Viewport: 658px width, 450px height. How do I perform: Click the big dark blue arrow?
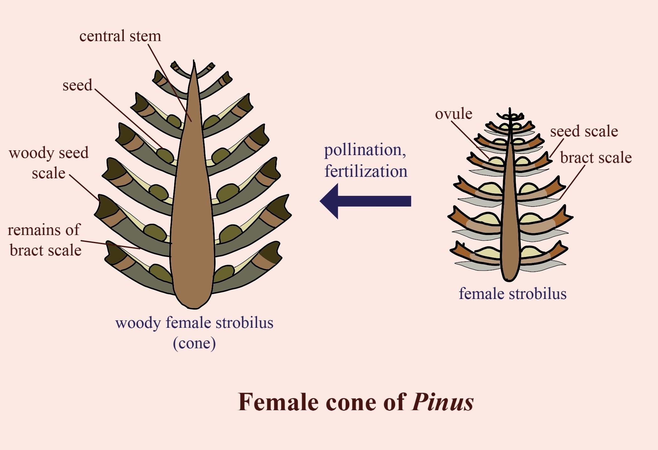coord(365,201)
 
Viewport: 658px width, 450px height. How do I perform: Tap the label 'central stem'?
coord(120,36)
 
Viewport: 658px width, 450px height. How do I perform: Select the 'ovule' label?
coord(453,114)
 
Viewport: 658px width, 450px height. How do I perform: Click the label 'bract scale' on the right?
coord(596,158)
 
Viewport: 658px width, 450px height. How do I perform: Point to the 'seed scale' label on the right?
coord(584,131)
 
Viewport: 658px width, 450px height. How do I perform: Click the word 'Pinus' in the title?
coord(442,402)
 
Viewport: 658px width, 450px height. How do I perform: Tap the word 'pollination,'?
coord(365,150)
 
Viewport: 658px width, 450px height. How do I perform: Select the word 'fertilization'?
coord(366,171)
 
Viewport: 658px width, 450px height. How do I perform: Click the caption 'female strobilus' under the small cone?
coord(513,294)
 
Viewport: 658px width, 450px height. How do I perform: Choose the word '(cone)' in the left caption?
coord(194,343)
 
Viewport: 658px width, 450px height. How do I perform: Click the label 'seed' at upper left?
coord(77,85)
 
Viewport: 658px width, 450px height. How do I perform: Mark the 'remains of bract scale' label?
coord(45,240)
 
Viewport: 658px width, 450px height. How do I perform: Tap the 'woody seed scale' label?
coord(49,163)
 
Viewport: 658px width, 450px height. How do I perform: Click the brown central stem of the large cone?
coord(193,204)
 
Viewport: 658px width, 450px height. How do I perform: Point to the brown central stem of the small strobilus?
coord(509,219)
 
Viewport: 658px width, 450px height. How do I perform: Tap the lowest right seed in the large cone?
coord(224,273)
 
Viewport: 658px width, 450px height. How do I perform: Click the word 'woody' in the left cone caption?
coord(138,323)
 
